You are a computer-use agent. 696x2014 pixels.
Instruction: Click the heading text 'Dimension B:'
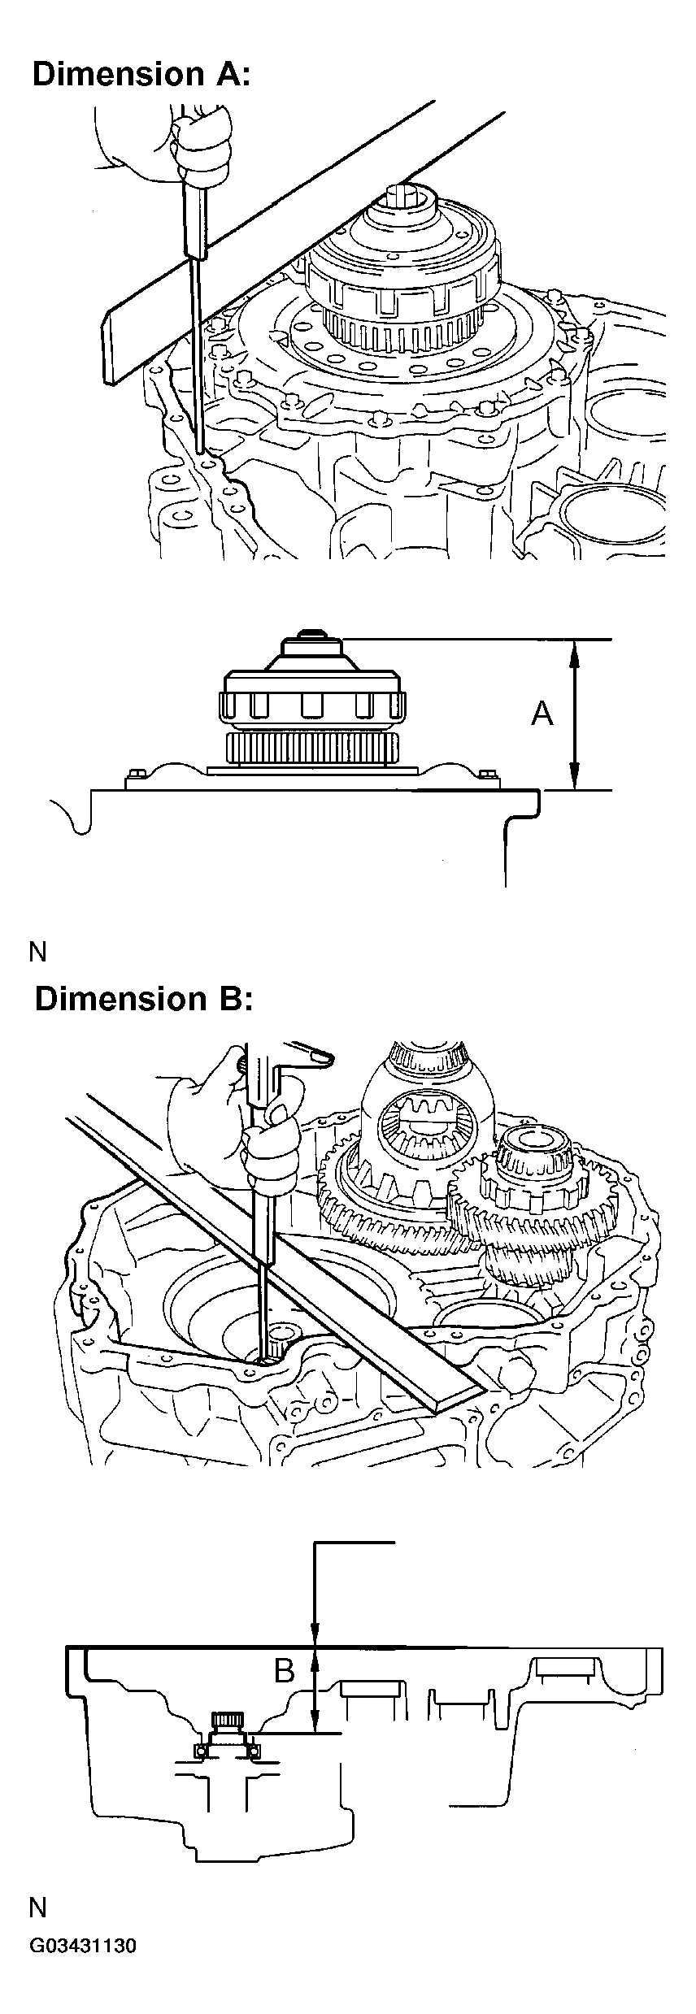(144, 998)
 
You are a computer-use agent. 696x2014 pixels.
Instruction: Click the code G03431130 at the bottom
(83, 1986)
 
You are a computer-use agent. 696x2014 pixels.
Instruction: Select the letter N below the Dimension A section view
(38, 952)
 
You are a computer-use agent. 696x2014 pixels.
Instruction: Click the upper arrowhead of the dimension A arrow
(575, 650)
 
